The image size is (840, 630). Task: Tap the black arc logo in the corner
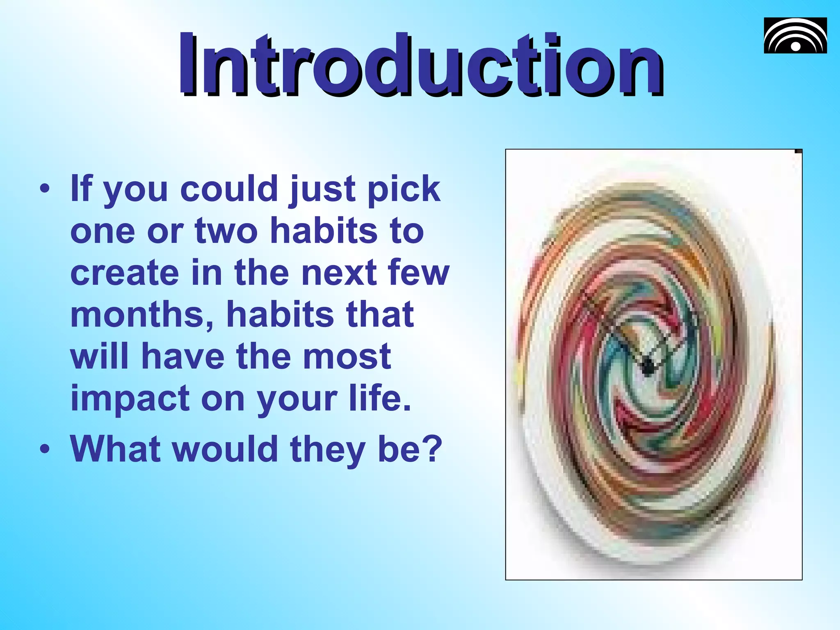pos(795,36)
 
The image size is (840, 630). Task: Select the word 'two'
pos(226,231)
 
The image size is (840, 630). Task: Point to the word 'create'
pos(125,273)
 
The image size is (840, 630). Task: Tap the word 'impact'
pos(130,399)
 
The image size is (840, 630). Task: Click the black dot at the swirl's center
pos(648,366)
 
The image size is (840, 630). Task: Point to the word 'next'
pos(339,273)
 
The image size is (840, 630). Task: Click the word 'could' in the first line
pos(229,189)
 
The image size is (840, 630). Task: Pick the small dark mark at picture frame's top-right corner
pos(798,151)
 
